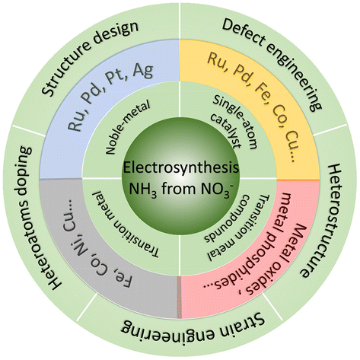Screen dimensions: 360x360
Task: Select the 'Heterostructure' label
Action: tap(321, 220)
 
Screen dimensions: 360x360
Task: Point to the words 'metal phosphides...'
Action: tap(249, 241)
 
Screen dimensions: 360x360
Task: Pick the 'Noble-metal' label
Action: tap(128, 128)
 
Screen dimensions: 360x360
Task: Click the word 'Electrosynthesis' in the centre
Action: tap(180, 168)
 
